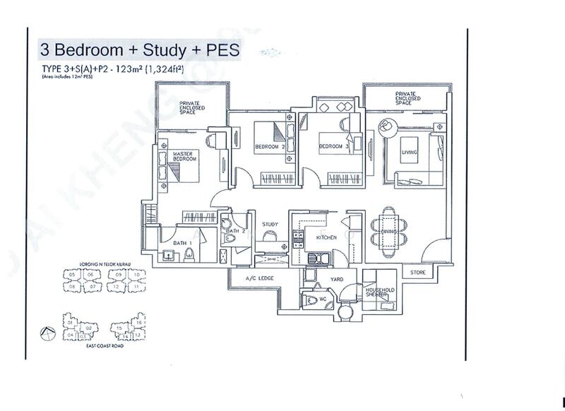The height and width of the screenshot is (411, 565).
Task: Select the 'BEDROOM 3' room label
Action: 330,146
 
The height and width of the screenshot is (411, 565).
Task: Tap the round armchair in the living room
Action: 388,128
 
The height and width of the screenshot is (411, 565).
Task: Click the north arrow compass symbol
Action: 47,331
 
